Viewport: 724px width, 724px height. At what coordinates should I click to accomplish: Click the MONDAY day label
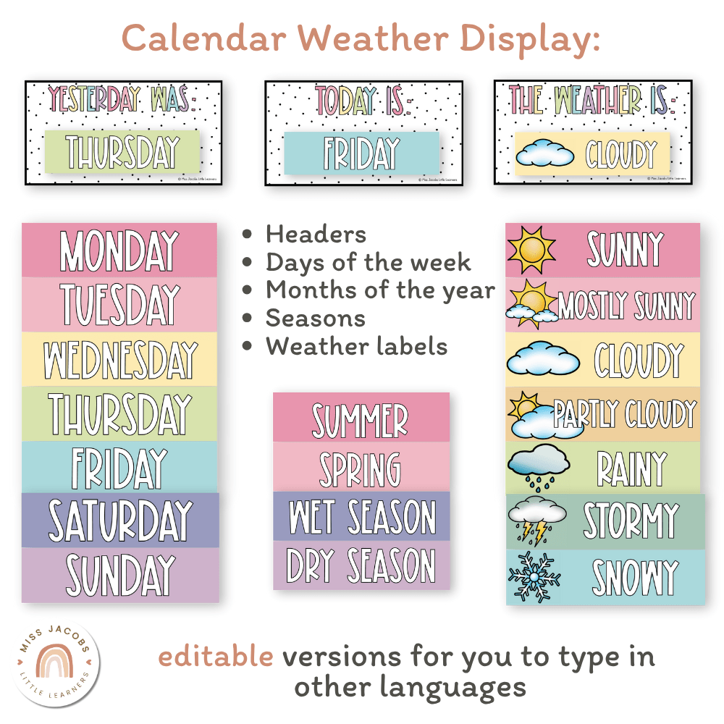pyautogui.click(x=119, y=251)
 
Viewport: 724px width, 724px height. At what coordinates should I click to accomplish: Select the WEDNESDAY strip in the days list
pyautogui.click(x=119, y=360)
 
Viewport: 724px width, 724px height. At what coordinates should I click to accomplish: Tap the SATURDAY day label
pyautogui.click(x=119, y=521)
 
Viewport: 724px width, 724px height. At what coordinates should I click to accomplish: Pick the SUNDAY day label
pyautogui.click(x=119, y=575)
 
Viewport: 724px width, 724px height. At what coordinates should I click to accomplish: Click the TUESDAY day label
pyautogui.click(x=119, y=305)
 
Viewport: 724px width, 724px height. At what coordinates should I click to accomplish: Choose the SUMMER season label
pyautogui.click(x=361, y=418)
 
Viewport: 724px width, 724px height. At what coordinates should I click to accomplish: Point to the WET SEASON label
pyautogui.click(x=361, y=516)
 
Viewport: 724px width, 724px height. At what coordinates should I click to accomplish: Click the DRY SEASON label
pyautogui.click(x=361, y=565)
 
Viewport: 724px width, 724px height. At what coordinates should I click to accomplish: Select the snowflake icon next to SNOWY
pyautogui.click(x=534, y=577)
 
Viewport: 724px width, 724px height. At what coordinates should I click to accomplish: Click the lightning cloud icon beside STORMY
pyautogui.click(x=536, y=520)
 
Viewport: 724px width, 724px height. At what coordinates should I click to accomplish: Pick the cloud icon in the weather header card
pyautogui.click(x=547, y=154)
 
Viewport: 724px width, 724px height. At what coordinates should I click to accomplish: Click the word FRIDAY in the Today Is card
pyautogui.click(x=361, y=153)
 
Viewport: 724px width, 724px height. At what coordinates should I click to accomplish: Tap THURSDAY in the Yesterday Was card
pyautogui.click(x=122, y=152)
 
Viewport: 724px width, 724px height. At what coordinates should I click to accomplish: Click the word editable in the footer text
pyautogui.click(x=216, y=657)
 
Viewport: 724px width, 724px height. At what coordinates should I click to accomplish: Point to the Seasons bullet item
pyautogui.click(x=315, y=318)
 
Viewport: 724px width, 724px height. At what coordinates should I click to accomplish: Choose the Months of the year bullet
pyautogui.click(x=380, y=290)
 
